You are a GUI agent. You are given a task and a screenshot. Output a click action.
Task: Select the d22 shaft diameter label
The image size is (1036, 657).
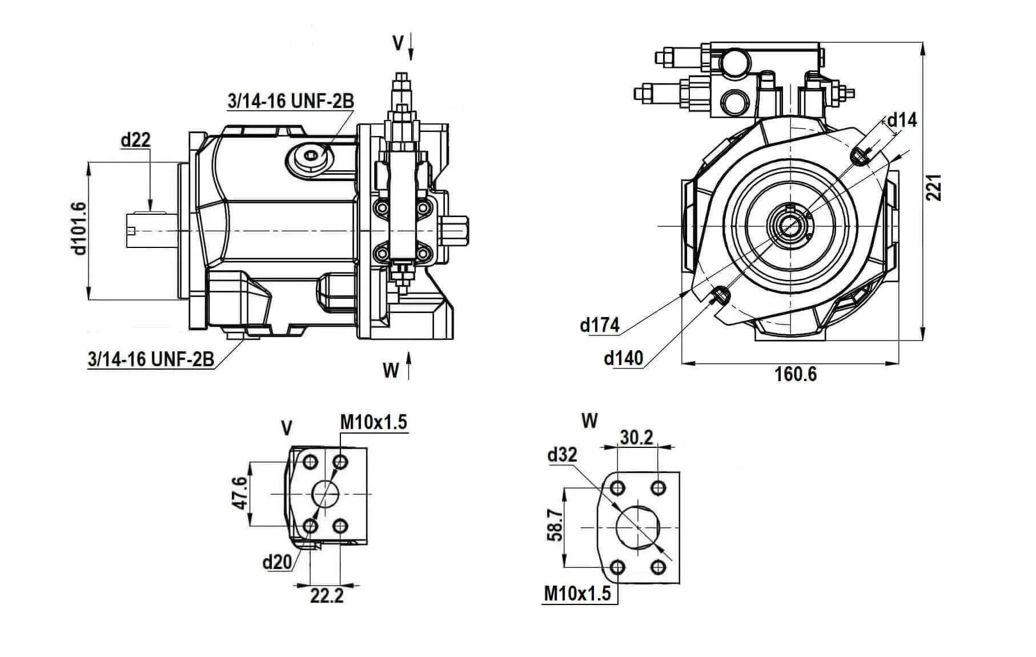(x=135, y=139)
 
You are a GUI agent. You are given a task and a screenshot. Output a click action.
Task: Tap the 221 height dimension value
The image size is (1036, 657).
(x=933, y=187)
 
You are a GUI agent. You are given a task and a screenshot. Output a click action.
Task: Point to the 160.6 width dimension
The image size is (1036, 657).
(x=796, y=375)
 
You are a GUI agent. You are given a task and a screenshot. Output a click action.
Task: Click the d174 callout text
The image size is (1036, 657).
(x=599, y=325)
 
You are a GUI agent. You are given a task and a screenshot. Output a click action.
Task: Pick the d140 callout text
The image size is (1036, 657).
(x=624, y=358)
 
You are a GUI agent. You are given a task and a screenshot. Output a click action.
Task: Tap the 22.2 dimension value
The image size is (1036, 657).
(x=327, y=596)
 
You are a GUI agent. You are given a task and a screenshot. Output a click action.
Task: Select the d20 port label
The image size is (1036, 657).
(x=277, y=562)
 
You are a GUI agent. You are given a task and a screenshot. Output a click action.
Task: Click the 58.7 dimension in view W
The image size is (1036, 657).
(x=554, y=526)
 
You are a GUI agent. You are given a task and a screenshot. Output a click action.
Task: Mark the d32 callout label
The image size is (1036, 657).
(x=562, y=455)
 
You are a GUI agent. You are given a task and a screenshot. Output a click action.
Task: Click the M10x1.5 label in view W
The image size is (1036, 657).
(x=577, y=593)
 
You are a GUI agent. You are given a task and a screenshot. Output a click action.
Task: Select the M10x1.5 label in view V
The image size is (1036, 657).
(x=374, y=422)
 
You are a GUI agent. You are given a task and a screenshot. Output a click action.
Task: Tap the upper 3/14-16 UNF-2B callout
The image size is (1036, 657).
(x=291, y=101)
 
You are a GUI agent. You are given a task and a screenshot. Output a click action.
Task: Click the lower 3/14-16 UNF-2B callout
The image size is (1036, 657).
(x=151, y=359)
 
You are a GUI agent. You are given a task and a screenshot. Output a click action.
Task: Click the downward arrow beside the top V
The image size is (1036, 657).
(x=411, y=47)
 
